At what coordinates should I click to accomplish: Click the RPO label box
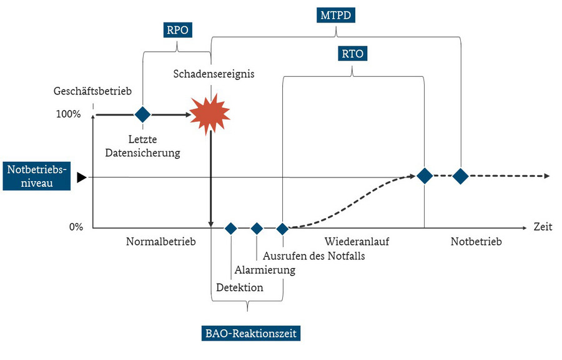pos(178,30)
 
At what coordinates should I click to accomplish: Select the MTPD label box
pos(336,15)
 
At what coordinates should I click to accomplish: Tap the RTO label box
pos(353,53)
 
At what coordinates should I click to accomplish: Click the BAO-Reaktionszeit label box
pos(251,333)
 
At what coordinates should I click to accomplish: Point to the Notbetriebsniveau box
pos(37,176)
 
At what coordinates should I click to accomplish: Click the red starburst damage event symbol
pos(210,114)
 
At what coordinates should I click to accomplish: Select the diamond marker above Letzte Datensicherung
pos(142,115)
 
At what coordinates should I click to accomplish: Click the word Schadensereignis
pos(214,74)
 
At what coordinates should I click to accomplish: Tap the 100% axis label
pos(69,114)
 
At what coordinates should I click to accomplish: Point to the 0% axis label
pos(76,227)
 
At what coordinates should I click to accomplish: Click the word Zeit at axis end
pos(543,227)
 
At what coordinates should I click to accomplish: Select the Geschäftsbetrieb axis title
pos(92,91)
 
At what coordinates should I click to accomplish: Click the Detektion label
pos(240,287)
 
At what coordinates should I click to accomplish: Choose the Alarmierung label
pos(265,270)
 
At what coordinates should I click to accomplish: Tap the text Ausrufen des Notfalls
pos(314,256)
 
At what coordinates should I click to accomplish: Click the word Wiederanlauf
pos(357,241)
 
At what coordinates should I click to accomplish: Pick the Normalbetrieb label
pos(161,241)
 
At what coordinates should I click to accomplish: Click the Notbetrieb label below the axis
pos(476,241)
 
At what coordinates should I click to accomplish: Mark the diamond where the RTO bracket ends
pos(425,176)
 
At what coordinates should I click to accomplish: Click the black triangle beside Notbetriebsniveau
pos(82,177)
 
